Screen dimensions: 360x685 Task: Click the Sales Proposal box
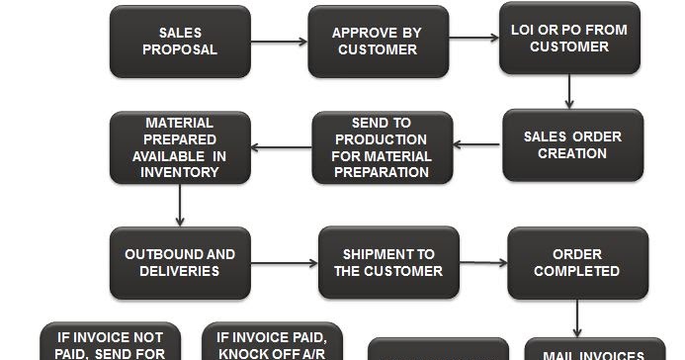pyautogui.click(x=179, y=42)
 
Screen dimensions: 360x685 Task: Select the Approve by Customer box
pyautogui.click(x=378, y=42)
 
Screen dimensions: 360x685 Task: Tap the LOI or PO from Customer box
pyautogui.click(x=568, y=39)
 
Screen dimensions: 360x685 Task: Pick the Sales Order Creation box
pyautogui.click(x=572, y=145)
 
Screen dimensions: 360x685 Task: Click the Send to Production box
pyautogui.click(x=383, y=147)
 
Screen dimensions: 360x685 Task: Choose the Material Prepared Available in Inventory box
pyautogui.click(x=179, y=147)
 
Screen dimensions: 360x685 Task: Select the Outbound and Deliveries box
pyautogui.click(x=179, y=262)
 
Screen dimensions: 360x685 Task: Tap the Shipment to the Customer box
pyautogui.click(x=388, y=262)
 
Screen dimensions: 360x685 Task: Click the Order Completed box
pyautogui.click(x=577, y=262)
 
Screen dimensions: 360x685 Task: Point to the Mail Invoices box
pyautogui.click(x=579, y=351)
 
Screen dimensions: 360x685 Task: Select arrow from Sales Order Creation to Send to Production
pyautogui.click(x=478, y=145)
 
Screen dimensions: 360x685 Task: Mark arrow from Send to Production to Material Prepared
pyautogui.click(x=281, y=147)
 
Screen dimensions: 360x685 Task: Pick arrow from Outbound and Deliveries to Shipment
pyautogui.click(x=283, y=262)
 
